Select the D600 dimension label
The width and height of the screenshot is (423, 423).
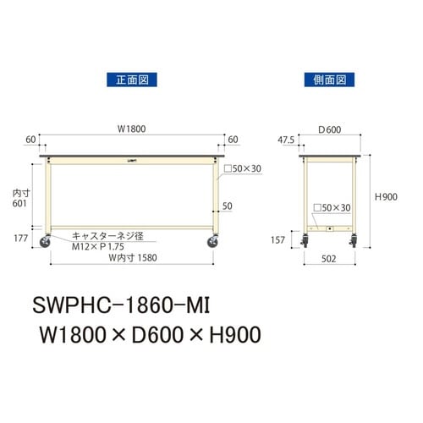[328, 130]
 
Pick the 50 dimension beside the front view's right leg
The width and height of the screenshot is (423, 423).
[227, 206]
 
